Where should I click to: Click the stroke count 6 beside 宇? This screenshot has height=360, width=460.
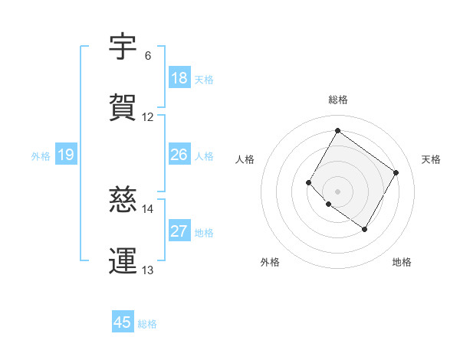coord(148,56)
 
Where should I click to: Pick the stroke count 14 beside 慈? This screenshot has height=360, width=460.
coord(148,208)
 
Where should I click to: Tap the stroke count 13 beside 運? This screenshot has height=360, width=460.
coord(148,270)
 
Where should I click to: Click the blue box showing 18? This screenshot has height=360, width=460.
coord(179,78)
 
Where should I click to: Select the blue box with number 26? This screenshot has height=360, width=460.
coord(179,155)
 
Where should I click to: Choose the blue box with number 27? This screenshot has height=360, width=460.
coord(179,231)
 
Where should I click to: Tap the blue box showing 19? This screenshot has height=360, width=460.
coord(66,155)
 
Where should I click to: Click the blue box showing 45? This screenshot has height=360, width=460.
coord(123,322)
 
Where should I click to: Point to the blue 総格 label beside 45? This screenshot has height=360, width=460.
coord(148,324)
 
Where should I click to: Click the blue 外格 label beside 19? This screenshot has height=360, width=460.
coord(41,156)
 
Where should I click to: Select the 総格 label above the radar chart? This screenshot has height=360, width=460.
coord(338,100)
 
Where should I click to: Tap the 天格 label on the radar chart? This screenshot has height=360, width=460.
coord(432,159)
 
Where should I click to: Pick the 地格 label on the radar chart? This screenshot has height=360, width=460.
coord(402,263)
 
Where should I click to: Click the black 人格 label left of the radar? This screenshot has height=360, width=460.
coord(245,159)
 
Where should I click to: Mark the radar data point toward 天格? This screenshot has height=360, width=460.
coord(396,172)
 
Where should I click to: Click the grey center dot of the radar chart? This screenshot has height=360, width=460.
coord(338,191)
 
